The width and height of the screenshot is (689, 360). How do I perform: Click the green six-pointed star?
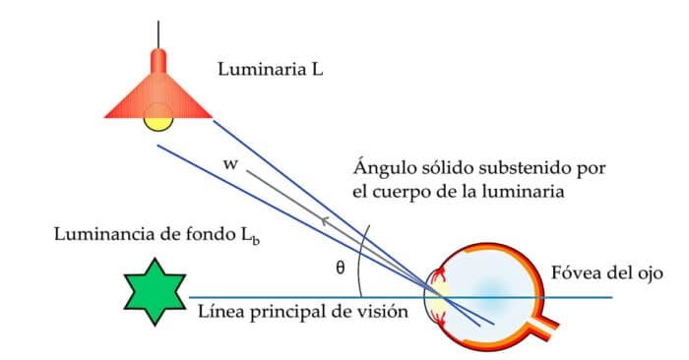click(x=154, y=291)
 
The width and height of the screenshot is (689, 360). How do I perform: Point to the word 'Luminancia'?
click(x=103, y=237)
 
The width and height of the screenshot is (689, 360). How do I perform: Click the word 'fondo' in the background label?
click(x=202, y=237)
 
